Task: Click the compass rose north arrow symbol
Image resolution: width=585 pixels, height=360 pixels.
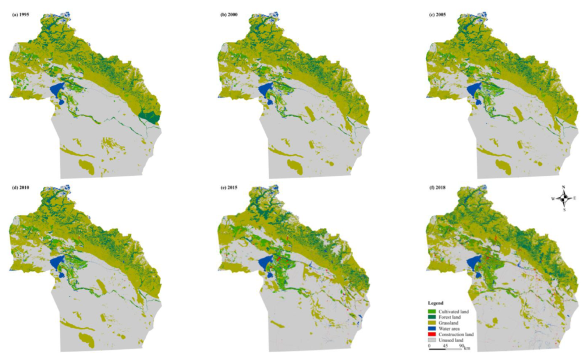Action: click(x=564, y=198)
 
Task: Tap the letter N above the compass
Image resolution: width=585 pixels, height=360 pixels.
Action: click(x=564, y=187)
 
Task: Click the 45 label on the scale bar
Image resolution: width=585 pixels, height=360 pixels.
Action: click(x=445, y=347)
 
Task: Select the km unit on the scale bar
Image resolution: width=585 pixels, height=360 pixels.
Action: click(x=467, y=347)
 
